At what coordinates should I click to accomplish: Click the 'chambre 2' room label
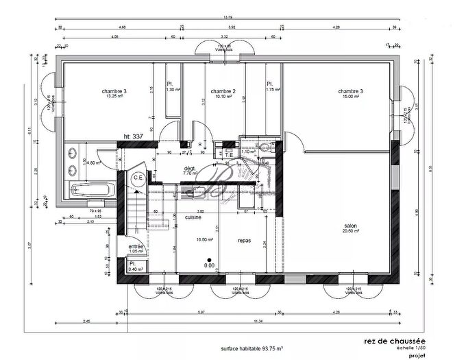click(x=223, y=91)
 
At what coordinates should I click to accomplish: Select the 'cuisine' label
click(x=193, y=217)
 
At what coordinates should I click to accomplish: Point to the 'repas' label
click(x=244, y=241)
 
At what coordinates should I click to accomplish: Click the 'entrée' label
click(x=137, y=245)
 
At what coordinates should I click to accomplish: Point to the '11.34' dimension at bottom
click(x=258, y=322)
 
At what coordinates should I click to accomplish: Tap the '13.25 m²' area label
click(x=114, y=97)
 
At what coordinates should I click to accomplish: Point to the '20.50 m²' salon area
click(x=351, y=231)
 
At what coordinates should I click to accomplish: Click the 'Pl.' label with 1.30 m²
click(x=170, y=84)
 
